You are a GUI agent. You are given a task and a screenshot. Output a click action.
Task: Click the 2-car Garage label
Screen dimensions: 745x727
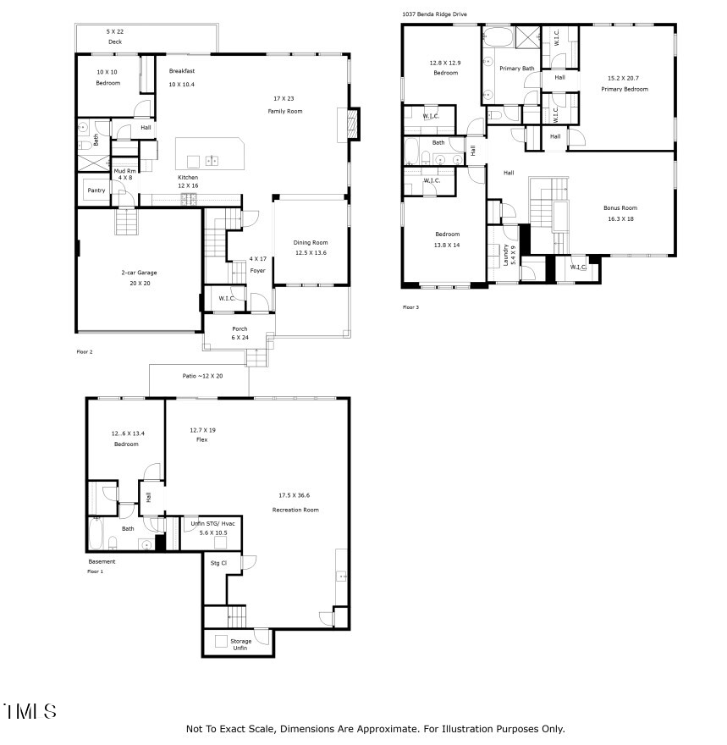coord(139,273)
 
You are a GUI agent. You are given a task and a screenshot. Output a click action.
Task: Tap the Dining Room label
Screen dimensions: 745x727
coord(311,242)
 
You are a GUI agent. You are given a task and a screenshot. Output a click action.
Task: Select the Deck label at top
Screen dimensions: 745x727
coord(114,42)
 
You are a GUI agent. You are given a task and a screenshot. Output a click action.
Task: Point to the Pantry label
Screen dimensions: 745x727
coord(96,190)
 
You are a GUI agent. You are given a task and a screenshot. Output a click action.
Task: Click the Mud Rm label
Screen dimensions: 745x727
coord(125,171)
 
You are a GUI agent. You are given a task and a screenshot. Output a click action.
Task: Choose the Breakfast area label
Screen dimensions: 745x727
coord(182,71)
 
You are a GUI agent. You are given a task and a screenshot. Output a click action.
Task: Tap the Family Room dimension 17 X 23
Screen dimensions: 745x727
coord(284,99)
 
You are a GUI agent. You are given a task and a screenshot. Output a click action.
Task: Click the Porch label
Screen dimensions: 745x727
coord(240,328)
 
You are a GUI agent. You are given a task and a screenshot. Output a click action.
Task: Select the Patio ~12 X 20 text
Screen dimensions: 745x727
coord(202,376)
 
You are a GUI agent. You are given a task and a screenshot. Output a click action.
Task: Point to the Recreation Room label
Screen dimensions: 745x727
coord(295,510)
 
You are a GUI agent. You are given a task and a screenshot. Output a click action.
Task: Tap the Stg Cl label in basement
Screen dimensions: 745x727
coord(218,562)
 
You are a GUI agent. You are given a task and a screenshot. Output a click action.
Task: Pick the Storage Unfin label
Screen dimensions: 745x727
coord(241,644)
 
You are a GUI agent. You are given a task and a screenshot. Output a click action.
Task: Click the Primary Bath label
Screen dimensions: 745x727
coord(516,69)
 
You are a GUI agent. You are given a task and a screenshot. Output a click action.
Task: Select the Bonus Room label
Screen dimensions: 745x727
coord(621,207)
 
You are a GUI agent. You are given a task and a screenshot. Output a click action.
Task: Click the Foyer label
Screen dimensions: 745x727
coord(257,271)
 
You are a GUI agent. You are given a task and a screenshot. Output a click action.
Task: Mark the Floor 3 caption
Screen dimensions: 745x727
coord(410,307)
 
